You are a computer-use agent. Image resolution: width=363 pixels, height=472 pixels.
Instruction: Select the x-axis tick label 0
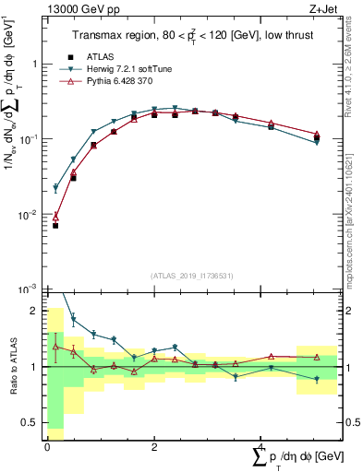[47, 446]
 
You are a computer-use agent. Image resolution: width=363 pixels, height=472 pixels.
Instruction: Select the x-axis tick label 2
[153, 446]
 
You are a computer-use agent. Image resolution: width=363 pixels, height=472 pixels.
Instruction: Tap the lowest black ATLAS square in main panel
[55, 225]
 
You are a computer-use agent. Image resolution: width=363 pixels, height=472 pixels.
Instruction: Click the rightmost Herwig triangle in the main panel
[317, 143]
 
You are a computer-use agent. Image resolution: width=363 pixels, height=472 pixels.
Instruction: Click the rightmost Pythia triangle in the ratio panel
[317, 357]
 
